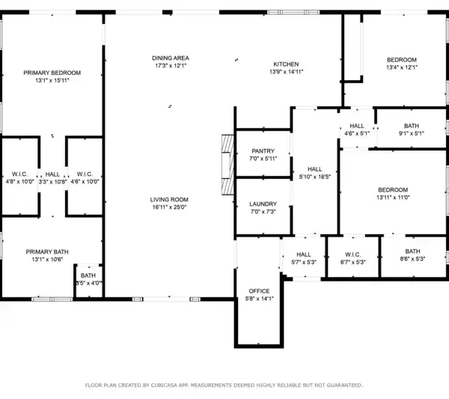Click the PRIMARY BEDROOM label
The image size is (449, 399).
coord(52,73)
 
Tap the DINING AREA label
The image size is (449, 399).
coord(171,58)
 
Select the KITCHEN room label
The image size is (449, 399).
coord(286,64)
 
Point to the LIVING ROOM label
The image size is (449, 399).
coord(169,200)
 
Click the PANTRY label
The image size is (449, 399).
coord(263,151)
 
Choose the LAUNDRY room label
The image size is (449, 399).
coord(263,204)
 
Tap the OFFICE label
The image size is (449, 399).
coord(259,291)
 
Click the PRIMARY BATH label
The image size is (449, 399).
coord(47,252)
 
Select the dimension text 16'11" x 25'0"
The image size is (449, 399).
coord(169,207)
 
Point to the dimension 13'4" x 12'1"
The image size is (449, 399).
coord(401,67)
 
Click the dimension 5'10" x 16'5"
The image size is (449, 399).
coord(315,177)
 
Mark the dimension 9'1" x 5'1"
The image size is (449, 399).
coord(411,133)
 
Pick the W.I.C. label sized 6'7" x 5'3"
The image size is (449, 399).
coord(352,255)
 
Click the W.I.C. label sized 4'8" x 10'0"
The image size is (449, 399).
coord(19,174)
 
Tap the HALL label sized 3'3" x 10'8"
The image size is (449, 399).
coord(52,174)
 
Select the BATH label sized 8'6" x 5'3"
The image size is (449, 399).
coord(412,252)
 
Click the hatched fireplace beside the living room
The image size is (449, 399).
coord(227,165)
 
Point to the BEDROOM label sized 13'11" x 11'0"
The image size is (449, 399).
coord(393,189)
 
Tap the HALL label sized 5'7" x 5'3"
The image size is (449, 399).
coord(304,255)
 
